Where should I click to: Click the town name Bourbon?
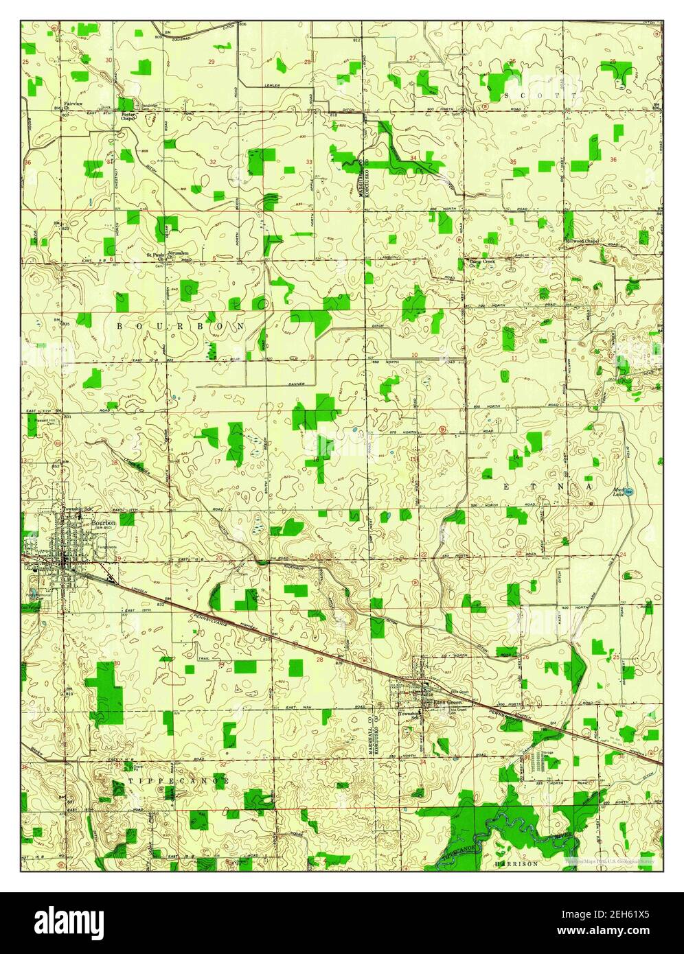coord(104,522)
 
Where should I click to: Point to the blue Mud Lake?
coord(630,491)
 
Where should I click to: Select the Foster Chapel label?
coord(128,116)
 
